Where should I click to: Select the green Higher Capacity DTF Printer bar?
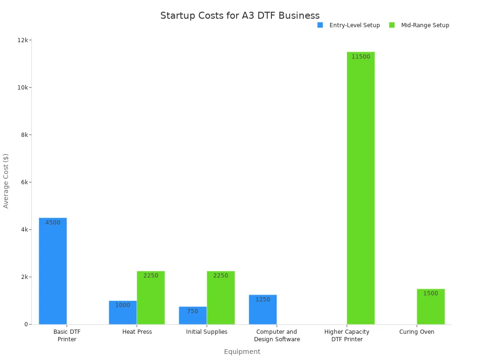360,188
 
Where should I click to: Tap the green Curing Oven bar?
430,307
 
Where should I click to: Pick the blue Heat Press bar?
123,313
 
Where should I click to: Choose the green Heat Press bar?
150,298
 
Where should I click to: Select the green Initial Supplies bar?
220,298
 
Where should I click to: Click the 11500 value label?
360,57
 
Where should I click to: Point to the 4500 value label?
52,223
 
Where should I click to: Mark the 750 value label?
193,311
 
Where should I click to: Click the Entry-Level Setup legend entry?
349,25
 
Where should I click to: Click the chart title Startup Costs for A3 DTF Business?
240,15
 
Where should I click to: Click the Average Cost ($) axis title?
6,181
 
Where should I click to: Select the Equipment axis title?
242,352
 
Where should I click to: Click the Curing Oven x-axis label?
417,332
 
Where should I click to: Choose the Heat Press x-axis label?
137,332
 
